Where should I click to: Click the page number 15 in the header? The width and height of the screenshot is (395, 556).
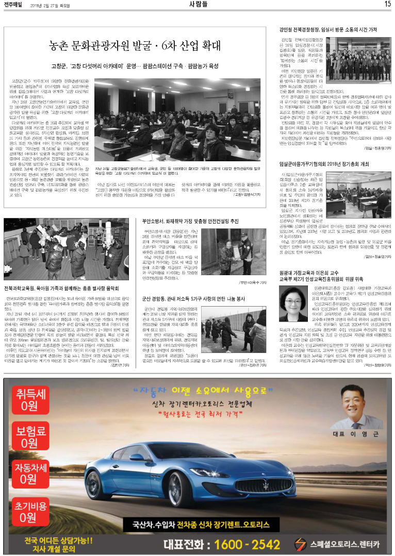[387, 5]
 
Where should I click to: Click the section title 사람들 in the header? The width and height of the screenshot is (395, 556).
[197, 5]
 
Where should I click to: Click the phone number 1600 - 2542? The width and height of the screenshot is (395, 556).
[244, 544]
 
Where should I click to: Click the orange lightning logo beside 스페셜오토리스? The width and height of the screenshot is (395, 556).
[301, 544]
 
